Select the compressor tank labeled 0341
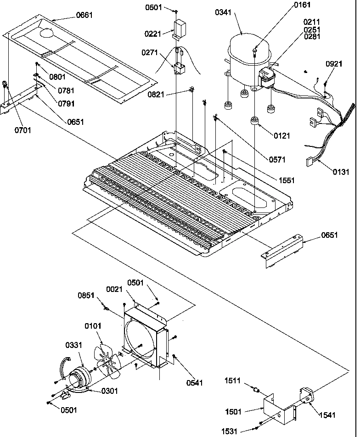[x=246, y=57]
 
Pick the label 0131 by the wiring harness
[x=341, y=172]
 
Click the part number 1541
[x=328, y=415]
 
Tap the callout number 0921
[x=334, y=64]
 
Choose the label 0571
[x=278, y=160]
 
